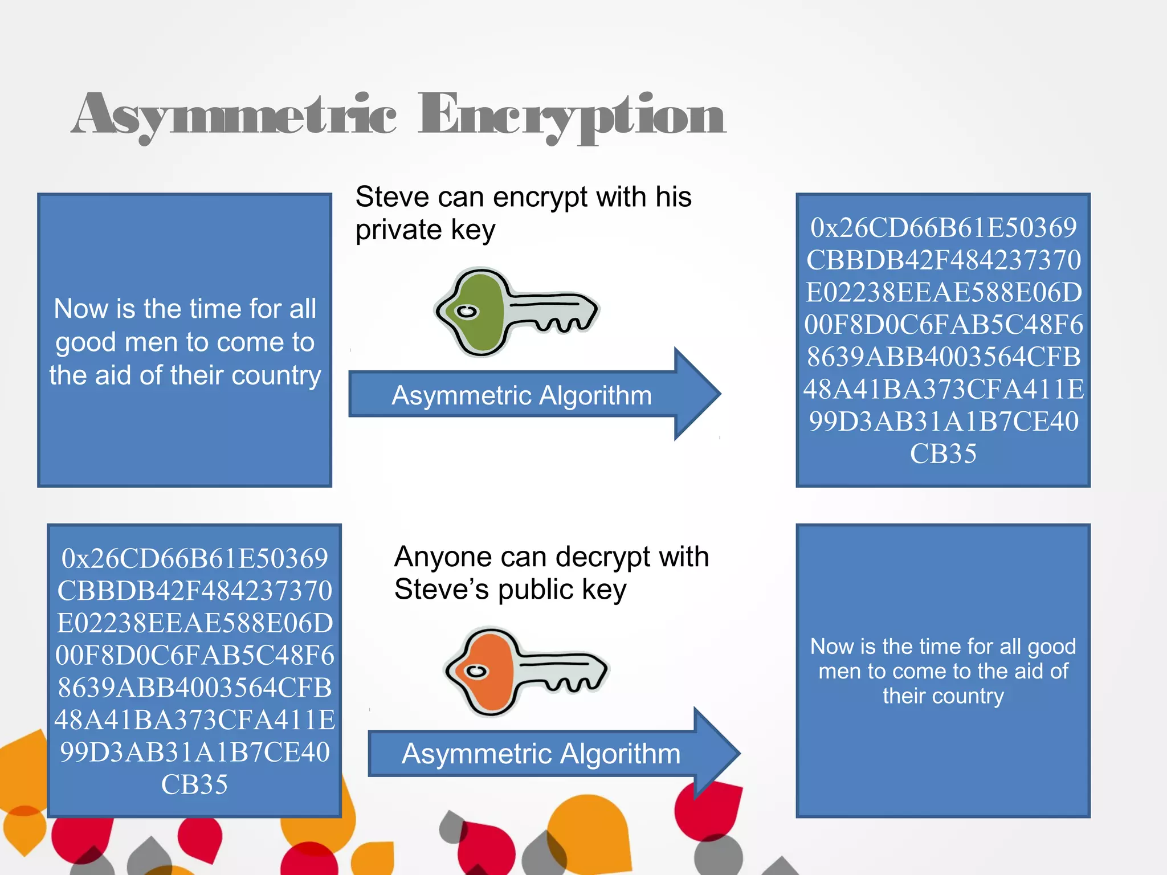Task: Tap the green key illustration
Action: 516,312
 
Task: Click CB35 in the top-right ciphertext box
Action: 943,454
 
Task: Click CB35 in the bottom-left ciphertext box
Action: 194,784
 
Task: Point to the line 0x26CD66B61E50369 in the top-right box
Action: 943,228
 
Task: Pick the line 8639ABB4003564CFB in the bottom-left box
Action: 194,688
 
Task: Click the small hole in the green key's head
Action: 467,312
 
